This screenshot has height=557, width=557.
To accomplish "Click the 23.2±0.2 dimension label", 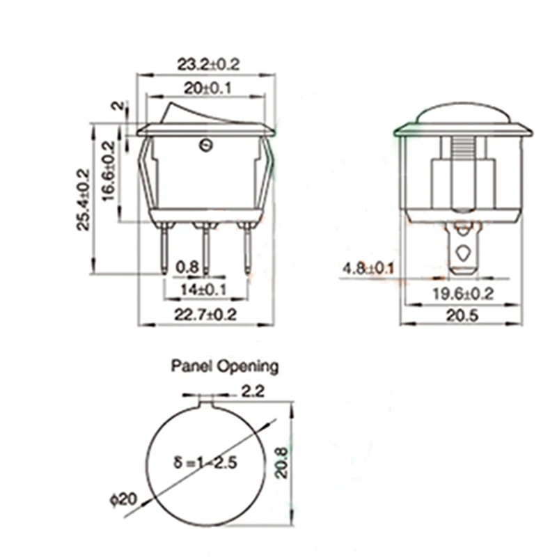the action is [x=208, y=64].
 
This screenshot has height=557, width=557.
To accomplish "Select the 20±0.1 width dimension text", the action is [x=207, y=88].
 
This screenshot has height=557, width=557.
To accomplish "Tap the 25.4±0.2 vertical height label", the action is [x=84, y=200].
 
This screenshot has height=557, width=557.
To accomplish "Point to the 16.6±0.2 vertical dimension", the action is [x=109, y=171].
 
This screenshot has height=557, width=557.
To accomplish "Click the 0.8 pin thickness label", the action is [x=187, y=267].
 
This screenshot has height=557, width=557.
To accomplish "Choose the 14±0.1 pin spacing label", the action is [x=203, y=290].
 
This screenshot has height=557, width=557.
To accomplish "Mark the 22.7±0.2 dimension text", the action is [x=205, y=315].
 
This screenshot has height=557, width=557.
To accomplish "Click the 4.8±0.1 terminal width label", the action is [x=368, y=268].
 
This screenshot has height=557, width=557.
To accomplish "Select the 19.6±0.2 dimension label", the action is [x=463, y=294].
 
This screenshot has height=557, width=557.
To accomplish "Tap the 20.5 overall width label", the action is [x=462, y=315].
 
